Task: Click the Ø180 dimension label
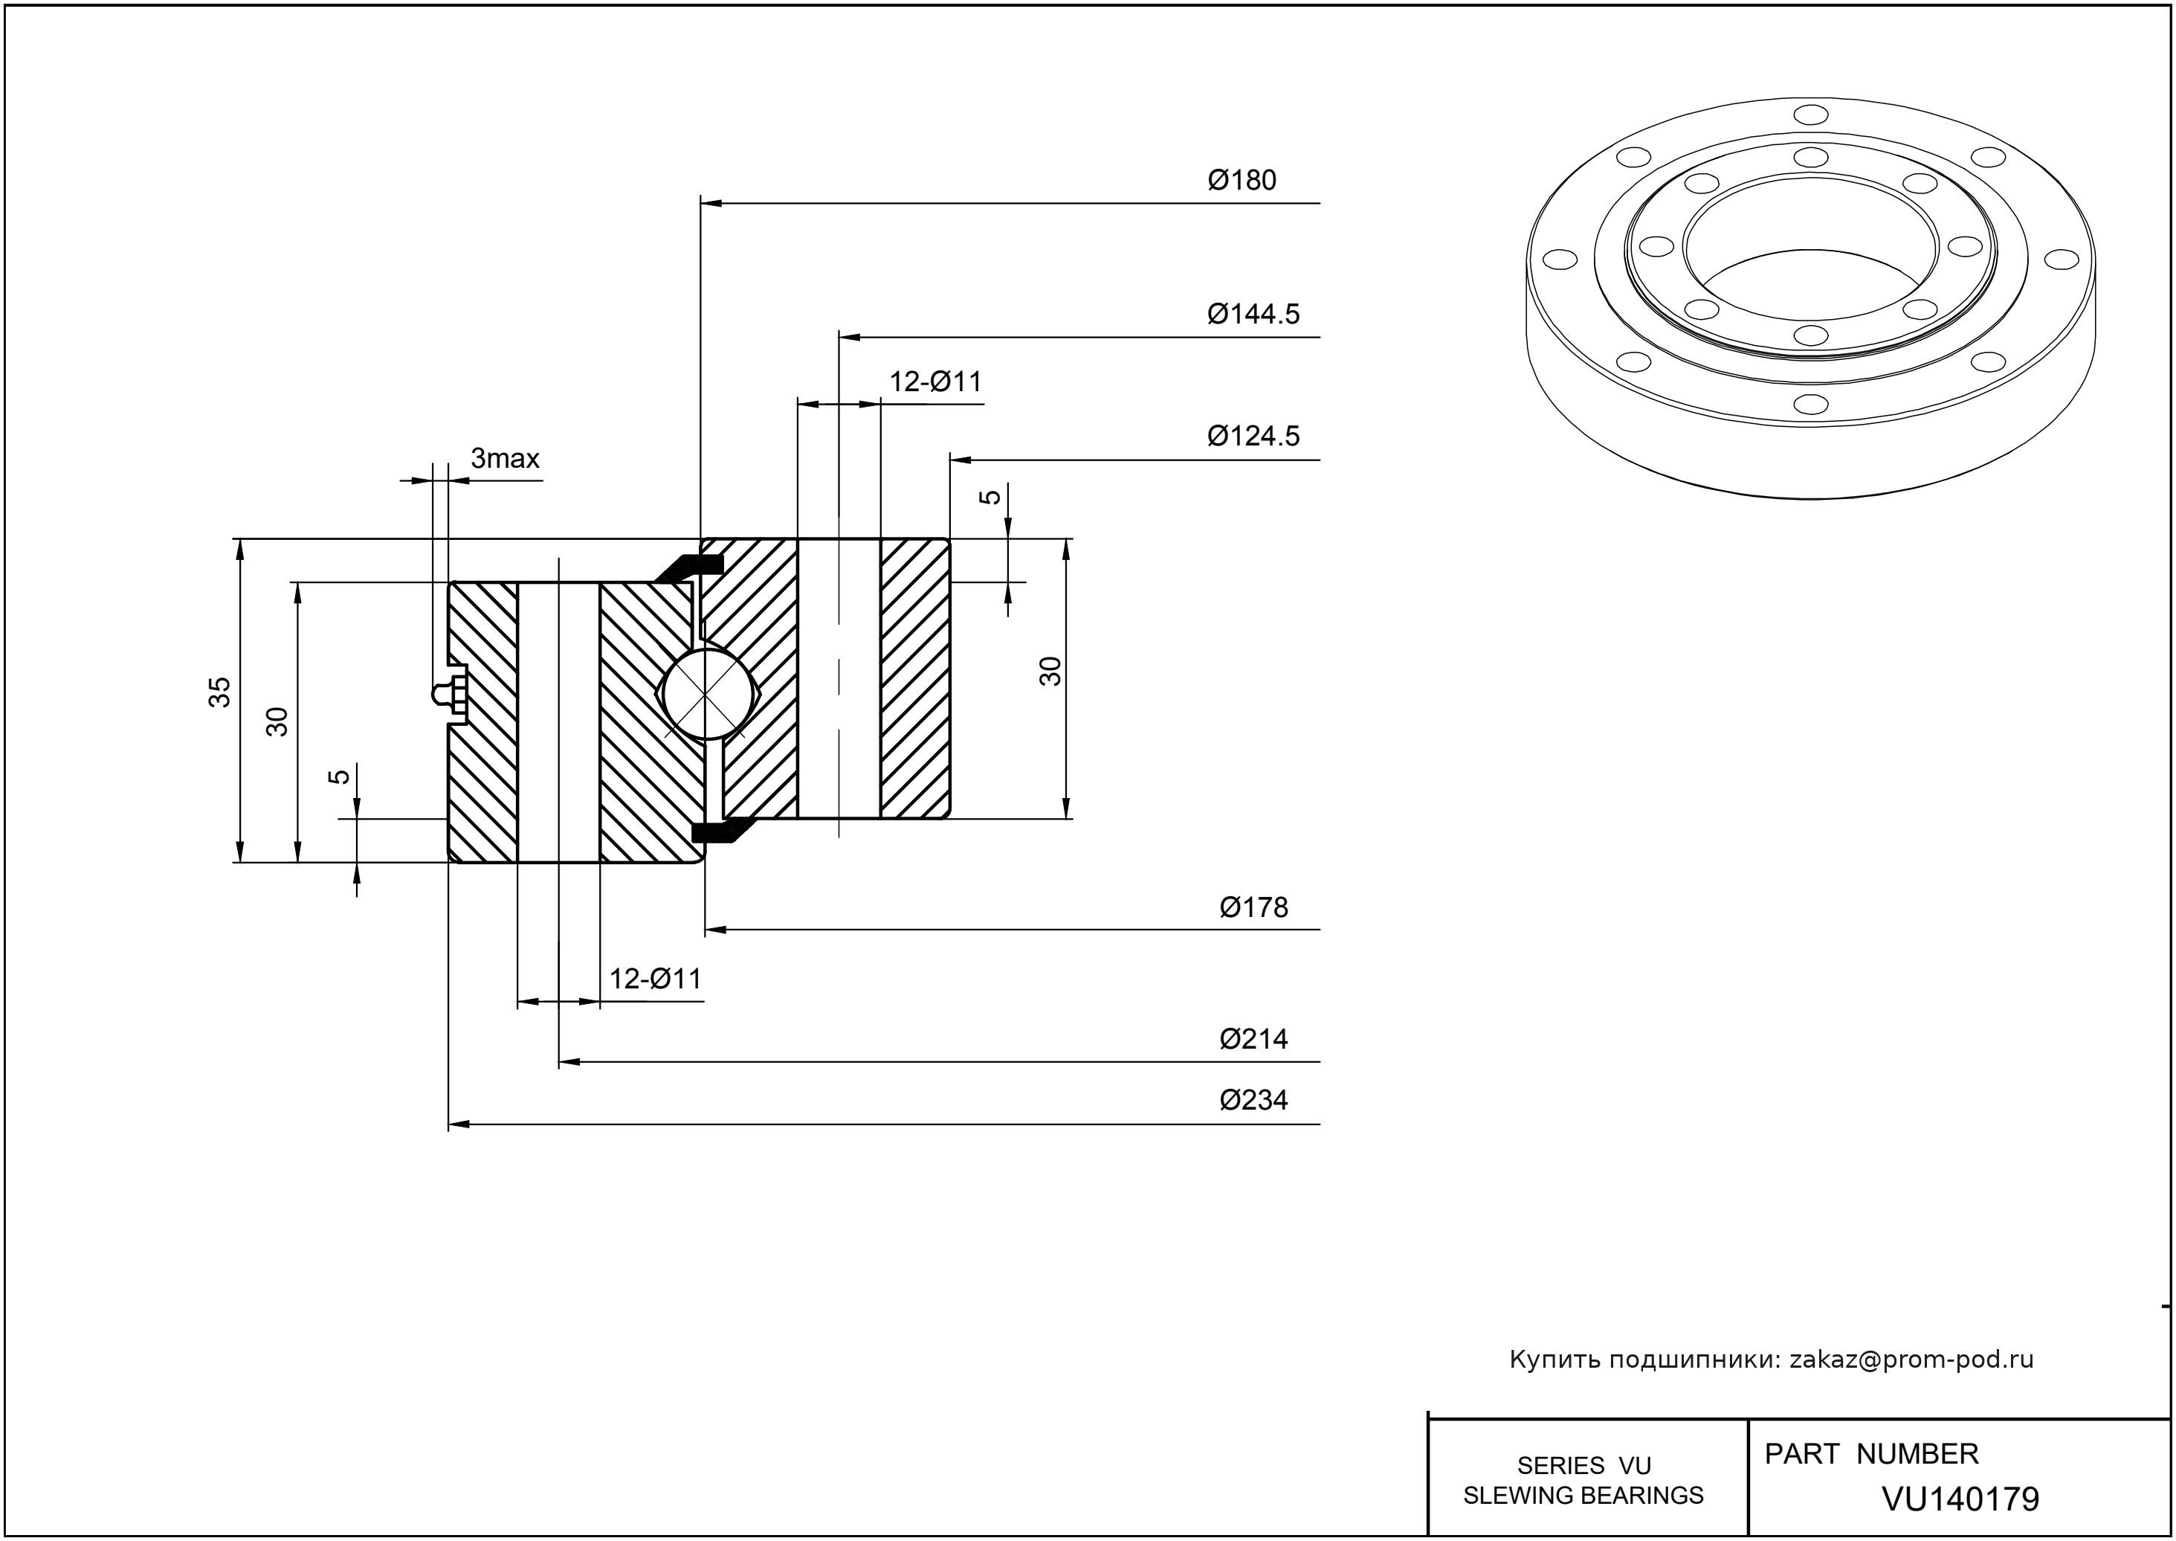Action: pos(1242,180)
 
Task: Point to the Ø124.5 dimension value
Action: pos(1253,437)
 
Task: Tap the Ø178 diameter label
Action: pos(1253,908)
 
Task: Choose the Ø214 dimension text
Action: pos(1253,1039)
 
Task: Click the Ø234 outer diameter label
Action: pos(1253,1101)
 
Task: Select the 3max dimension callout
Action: pos(505,460)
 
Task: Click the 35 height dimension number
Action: pos(220,692)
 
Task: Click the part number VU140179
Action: pos(1960,1499)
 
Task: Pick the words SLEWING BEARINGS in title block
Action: pos(1583,1496)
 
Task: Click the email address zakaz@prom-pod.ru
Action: pos(1911,1360)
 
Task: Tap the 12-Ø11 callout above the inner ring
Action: pos(935,382)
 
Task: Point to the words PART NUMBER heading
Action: pos(1870,1455)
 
